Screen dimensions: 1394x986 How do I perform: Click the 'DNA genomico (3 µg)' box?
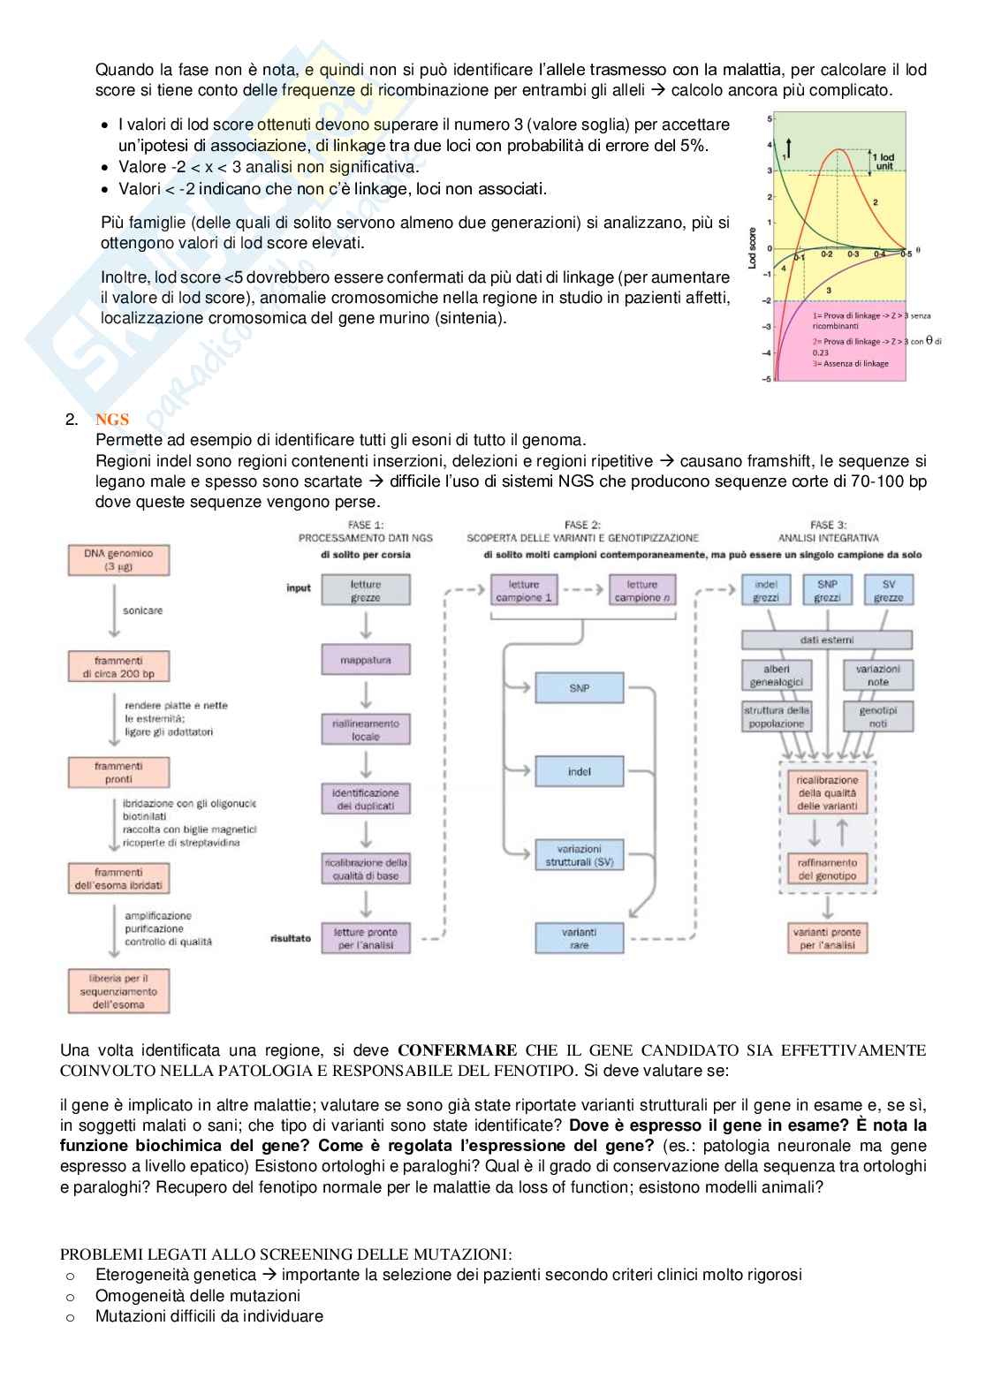(x=118, y=560)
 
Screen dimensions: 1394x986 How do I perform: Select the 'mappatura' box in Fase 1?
(x=366, y=660)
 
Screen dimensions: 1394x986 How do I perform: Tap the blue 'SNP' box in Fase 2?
(x=579, y=688)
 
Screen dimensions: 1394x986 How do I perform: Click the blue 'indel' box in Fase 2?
(x=579, y=771)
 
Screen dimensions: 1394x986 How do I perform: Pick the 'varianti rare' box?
(x=579, y=938)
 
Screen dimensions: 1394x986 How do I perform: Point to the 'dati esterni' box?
(x=826, y=640)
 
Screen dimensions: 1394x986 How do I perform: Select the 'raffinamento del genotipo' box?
(x=827, y=869)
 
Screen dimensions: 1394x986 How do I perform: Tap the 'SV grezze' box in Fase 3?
(x=888, y=591)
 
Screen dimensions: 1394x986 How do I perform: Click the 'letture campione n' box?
(x=642, y=591)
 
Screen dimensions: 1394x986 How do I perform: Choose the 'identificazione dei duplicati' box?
(x=366, y=799)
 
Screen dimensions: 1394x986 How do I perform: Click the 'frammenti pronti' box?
(x=118, y=773)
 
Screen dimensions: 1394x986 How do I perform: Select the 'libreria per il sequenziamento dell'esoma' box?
(x=118, y=991)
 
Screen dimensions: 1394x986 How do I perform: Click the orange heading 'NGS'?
(x=112, y=420)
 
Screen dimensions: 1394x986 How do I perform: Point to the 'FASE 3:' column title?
(x=828, y=525)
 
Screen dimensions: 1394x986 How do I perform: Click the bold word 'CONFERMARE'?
(x=457, y=1050)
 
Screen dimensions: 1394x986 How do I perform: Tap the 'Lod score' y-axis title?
(x=753, y=247)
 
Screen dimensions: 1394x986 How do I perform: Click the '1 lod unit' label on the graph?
(x=884, y=162)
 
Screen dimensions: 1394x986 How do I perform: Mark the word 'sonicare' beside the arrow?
(x=143, y=610)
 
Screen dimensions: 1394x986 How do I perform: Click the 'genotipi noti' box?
(x=877, y=716)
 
